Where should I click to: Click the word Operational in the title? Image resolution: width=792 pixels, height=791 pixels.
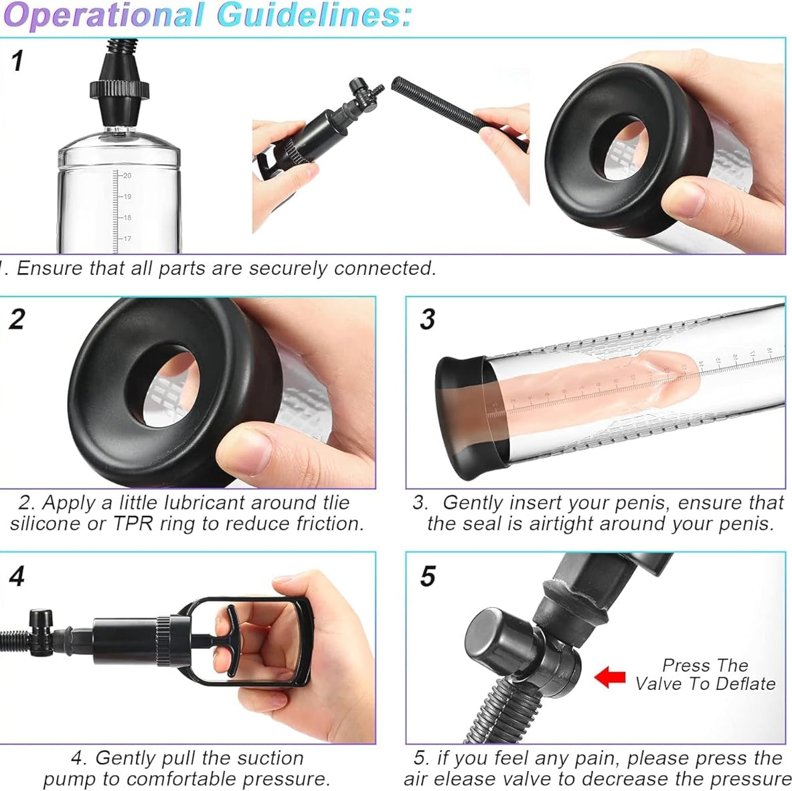[x=104, y=15]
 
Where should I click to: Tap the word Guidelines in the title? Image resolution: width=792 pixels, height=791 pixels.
[x=314, y=15]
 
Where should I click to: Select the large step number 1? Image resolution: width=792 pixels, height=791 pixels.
[x=17, y=61]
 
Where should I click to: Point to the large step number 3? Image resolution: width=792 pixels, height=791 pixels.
[x=427, y=319]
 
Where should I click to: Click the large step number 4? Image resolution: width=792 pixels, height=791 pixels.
[x=17, y=576]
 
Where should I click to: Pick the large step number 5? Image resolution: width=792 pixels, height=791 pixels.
[x=428, y=576]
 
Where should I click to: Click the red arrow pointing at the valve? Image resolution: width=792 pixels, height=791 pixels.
[x=610, y=677]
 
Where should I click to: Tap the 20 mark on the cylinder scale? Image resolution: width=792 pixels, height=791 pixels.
[x=127, y=175]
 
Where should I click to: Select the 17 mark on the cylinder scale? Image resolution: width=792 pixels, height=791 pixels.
[x=127, y=238]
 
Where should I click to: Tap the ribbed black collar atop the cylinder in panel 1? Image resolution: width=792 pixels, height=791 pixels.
[x=120, y=90]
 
